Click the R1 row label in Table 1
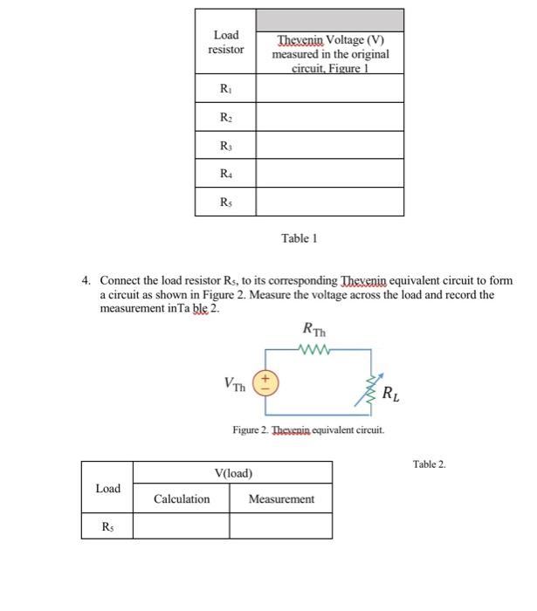(x=225, y=88)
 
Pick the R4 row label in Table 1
(x=225, y=174)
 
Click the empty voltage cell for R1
(x=329, y=88)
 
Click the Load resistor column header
(x=225, y=43)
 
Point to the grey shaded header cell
(x=329, y=20)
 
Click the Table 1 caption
(x=299, y=237)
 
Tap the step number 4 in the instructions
(x=86, y=281)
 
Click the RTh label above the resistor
(x=312, y=330)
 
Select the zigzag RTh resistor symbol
(x=312, y=352)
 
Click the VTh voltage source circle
(x=265, y=383)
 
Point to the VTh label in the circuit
(x=234, y=384)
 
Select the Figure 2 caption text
(x=307, y=430)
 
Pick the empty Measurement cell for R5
(x=280, y=525)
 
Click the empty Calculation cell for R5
(x=181, y=525)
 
